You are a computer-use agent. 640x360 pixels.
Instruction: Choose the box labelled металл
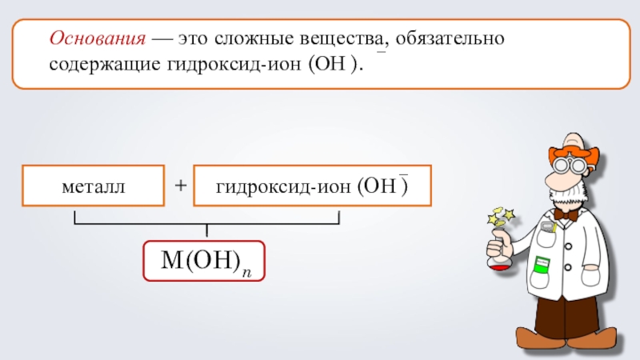coord(93,186)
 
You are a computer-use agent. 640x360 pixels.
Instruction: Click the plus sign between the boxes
coord(181,186)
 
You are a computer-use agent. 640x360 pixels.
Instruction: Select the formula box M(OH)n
coord(204,260)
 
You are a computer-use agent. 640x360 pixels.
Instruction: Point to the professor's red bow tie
coord(566,214)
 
